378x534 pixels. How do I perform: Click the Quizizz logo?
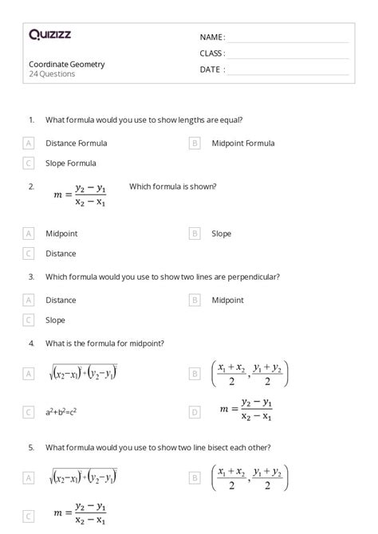click(49, 34)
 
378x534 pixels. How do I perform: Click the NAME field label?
click(212, 37)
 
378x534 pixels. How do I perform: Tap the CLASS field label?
click(212, 53)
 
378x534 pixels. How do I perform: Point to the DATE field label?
click(212, 69)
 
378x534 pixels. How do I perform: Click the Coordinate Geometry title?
click(66, 64)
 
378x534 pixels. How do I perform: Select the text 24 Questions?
click(52, 74)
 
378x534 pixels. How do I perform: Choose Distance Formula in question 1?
click(76, 143)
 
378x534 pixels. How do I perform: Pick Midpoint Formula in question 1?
click(242, 143)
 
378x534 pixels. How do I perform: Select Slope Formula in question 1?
click(71, 163)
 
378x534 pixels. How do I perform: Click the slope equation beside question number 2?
click(80, 195)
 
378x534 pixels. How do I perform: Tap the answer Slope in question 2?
click(221, 234)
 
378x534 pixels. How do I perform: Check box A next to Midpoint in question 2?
click(29, 234)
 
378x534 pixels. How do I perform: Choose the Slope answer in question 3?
click(55, 320)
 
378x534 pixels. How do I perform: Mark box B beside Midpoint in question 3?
click(195, 300)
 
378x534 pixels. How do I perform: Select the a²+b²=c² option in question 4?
click(61, 412)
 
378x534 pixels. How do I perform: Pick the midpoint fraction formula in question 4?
click(250, 374)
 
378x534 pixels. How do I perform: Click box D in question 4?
click(195, 412)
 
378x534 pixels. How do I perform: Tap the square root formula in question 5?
click(82, 477)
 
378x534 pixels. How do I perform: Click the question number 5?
click(31, 448)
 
